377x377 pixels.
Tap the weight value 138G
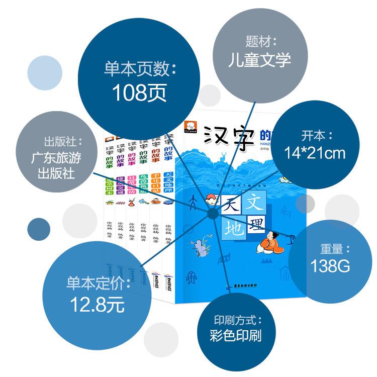[x=330, y=266]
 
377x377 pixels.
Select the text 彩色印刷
[x=236, y=336]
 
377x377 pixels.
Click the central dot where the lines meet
[x=212, y=215]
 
